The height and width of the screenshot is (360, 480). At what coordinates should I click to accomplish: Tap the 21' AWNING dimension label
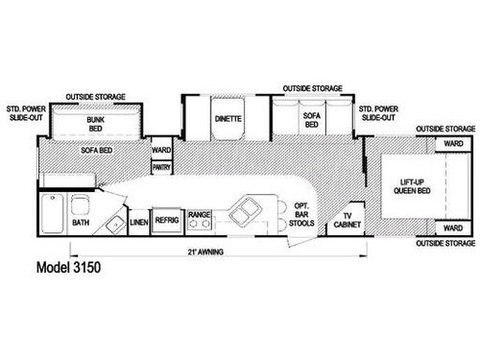pyautogui.click(x=203, y=254)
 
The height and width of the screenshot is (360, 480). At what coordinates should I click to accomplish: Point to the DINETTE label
pyautogui.click(x=228, y=120)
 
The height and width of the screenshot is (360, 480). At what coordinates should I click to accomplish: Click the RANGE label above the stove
pyautogui.click(x=200, y=214)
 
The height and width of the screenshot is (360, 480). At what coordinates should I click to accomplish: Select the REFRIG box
pyautogui.click(x=167, y=218)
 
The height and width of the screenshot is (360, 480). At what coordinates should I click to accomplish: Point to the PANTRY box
pyautogui.click(x=161, y=167)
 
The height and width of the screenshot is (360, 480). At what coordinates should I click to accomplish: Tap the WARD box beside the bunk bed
pyautogui.click(x=160, y=149)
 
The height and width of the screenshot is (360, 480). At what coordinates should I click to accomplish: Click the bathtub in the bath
pyautogui.click(x=54, y=213)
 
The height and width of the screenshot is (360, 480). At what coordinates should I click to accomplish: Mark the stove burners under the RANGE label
pyautogui.click(x=200, y=226)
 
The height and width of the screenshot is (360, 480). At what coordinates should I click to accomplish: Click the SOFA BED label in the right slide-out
pyautogui.click(x=310, y=121)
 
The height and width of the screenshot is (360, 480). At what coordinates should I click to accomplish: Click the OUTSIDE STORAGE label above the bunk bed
pyautogui.click(x=92, y=97)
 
